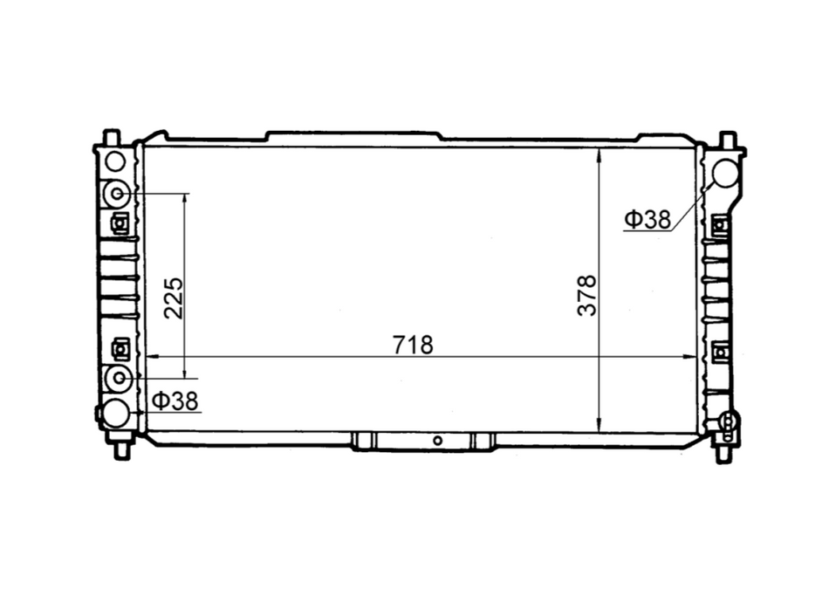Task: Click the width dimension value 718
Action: point(413,345)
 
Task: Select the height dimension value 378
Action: point(587,296)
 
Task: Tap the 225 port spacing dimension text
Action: point(174,298)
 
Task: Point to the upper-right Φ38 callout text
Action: point(647,219)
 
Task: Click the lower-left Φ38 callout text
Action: point(175,401)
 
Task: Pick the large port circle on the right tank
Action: point(725,173)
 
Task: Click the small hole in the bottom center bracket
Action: point(437,440)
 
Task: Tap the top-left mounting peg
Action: point(111,137)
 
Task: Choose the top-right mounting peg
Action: point(726,138)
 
